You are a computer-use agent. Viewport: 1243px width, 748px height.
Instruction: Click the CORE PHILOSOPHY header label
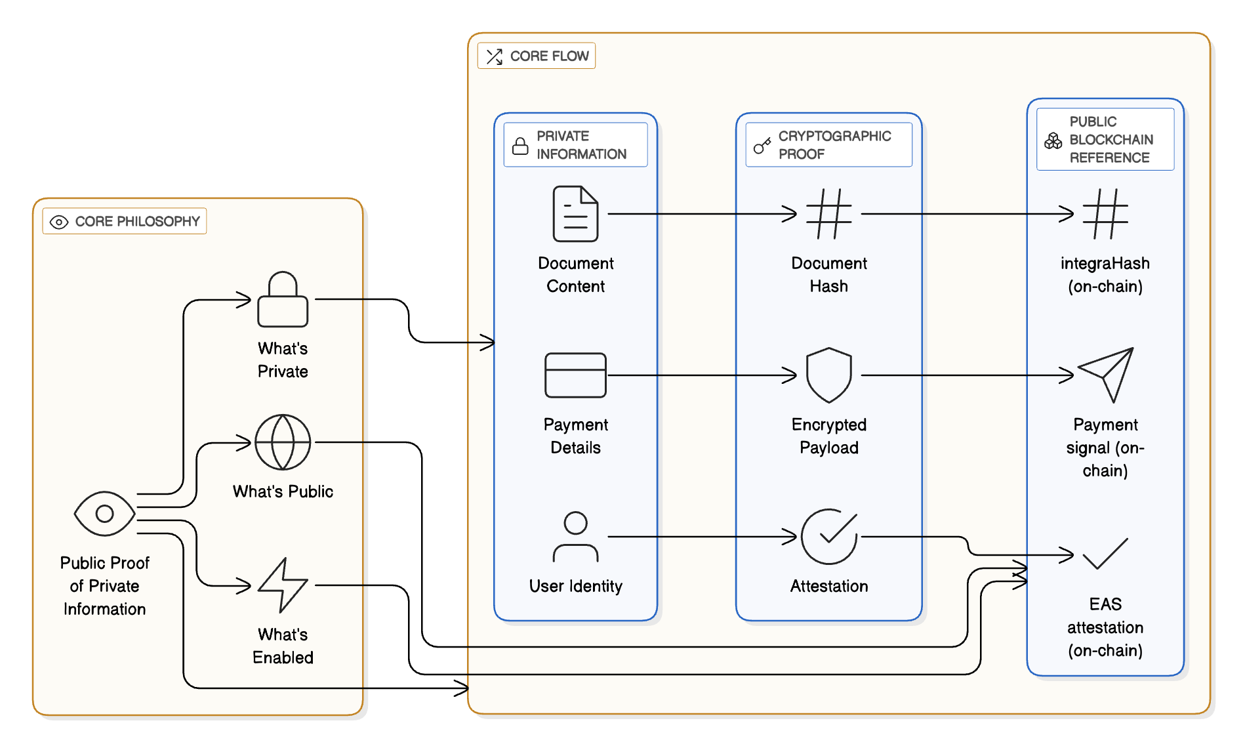125,222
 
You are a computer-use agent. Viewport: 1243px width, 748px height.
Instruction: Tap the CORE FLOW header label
537,56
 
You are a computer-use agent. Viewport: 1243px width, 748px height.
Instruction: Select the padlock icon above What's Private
283,299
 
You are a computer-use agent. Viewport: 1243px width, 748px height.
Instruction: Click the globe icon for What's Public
283,442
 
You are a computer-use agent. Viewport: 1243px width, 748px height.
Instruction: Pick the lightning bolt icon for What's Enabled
283,585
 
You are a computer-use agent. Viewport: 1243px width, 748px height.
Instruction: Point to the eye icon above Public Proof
105,514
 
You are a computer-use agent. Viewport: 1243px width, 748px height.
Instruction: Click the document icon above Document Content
575,214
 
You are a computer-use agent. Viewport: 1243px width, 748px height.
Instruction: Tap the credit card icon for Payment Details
575,375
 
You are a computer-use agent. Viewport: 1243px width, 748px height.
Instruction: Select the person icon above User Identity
575,537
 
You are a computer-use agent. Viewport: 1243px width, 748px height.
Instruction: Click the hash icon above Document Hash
829,214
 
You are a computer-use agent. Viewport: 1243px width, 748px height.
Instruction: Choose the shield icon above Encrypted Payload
829,375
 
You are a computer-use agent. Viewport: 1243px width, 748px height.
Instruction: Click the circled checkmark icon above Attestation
829,537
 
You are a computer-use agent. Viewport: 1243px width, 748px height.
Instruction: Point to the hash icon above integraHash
1105,214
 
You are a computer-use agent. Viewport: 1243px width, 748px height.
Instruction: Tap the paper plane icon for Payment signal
1105,375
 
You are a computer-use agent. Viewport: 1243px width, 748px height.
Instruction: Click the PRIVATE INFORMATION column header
575,145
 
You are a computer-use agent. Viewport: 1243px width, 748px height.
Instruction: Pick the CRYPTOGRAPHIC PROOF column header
828,145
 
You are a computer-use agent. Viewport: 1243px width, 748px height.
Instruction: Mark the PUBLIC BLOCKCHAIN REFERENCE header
1105,140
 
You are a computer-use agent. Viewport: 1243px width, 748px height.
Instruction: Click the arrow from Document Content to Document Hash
702,214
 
